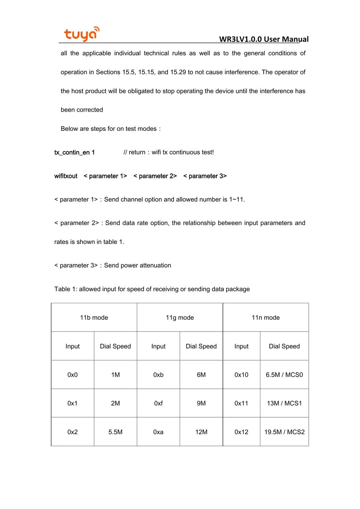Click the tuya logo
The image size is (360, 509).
(81, 34)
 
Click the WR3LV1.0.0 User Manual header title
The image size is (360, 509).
(264, 39)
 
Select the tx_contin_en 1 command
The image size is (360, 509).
(75, 152)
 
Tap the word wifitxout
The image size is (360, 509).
(66, 176)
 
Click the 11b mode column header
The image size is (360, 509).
(94, 317)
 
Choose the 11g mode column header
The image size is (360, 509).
(180, 317)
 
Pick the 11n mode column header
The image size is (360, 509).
(265, 317)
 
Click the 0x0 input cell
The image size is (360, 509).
(72, 374)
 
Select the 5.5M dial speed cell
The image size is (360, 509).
(115, 432)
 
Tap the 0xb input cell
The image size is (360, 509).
(158, 374)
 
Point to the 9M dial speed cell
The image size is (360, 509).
(201, 403)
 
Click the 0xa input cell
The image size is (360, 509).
(158, 432)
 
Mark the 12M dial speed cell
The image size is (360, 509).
(201, 432)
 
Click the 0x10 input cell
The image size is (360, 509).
(241, 374)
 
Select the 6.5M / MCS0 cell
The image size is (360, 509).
(284, 374)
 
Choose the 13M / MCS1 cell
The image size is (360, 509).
(284, 403)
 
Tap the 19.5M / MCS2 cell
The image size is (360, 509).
(284, 432)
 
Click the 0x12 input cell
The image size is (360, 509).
(241, 432)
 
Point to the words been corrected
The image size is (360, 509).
(82, 110)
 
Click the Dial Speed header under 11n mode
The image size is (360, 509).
(284, 346)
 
